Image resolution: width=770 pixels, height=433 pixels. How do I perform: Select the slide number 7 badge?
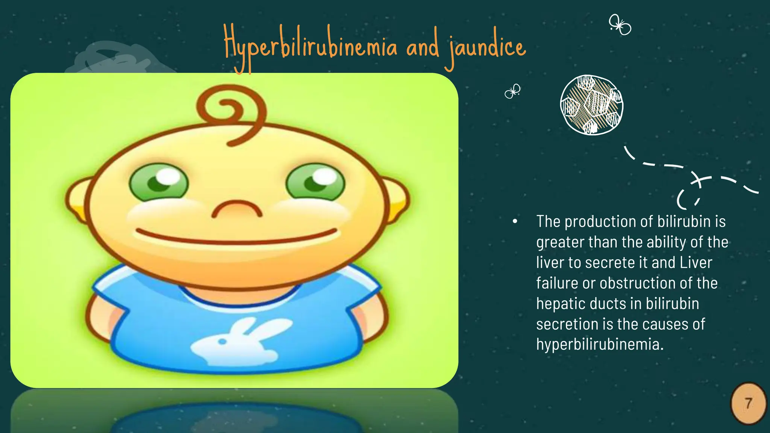click(x=748, y=404)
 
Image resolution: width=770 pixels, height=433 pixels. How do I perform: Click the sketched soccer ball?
click(x=591, y=105)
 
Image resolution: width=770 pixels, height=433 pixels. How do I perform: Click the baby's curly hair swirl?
click(x=231, y=113)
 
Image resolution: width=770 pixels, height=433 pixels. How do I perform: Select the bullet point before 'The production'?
click(x=515, y=222)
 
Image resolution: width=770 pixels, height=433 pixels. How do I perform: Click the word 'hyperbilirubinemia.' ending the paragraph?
click(x=600, y=344)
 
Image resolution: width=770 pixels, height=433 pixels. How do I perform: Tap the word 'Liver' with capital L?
click(x=696, y=263)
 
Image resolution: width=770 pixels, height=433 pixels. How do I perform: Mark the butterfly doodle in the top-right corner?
click(x=620, y=25)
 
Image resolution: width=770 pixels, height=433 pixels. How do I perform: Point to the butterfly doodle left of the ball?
click(x=512, y=91)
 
